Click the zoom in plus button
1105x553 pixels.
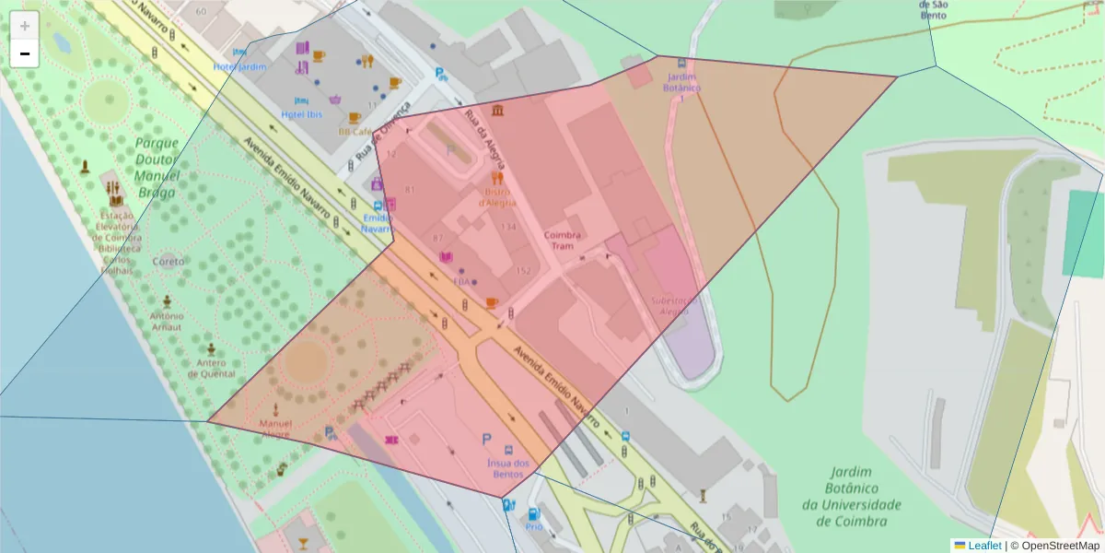(x=25, y=26)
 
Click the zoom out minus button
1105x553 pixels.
(x=25, y=53)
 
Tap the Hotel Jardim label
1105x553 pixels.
(x=239, y=67)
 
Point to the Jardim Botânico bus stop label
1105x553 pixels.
(x=681, y=83)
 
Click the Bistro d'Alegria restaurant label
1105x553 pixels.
(x=497, y=196)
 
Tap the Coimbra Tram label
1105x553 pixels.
(x=563, y=241)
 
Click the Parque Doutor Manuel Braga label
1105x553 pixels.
(x=157, y=167)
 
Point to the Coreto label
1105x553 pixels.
(x=169, y=262)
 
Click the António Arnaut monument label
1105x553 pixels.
(x=167, y=321)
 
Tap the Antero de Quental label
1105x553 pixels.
(x=212, y=369)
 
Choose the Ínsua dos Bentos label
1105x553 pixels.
(x=508, y=468)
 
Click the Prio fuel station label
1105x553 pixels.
(x=534, y=527)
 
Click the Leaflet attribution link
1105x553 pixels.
(x=984, y=546)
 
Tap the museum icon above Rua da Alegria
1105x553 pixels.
(x=498, y=112)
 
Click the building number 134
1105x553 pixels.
(x=508, y=227)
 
